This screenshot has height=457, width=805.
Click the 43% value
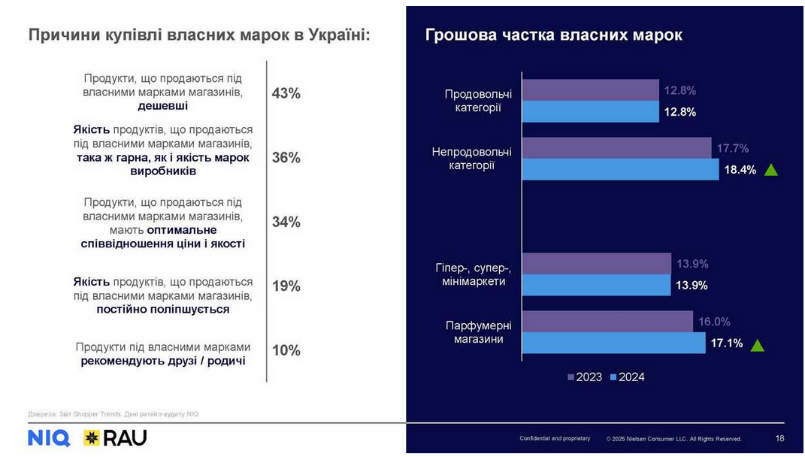click(286, 93)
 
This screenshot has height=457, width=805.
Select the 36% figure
click(286, 158)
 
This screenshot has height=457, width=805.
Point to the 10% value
click(286, 350)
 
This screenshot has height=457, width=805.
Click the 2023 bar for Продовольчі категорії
click(590, 90)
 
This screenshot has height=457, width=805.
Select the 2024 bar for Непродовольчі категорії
click(620, 169)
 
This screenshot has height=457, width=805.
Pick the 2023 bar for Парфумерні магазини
click(607, 322)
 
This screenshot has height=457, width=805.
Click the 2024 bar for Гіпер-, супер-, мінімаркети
click(596, 285)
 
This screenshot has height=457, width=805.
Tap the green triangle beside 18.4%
click(770, 170)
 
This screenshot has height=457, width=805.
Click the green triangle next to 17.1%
click(758, 346)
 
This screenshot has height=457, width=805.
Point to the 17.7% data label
click(732, 148)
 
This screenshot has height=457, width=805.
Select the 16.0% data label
click(714, 322)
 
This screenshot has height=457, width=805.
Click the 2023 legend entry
click(584, 377)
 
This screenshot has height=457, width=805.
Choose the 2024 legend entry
click(627, 377)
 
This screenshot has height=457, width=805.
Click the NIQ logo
click(49, 438)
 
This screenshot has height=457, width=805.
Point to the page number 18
click(779, 438)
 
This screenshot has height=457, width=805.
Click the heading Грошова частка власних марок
click(553, 35)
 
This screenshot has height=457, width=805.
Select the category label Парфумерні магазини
click(478, 332)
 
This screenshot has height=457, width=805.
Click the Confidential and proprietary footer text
click(555, 438)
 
